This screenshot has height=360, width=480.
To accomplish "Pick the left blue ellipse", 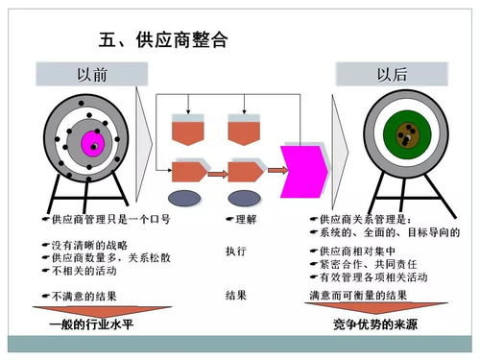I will (x=184, y=198).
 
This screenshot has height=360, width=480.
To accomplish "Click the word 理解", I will (x=241, y=219).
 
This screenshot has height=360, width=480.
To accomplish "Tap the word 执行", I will (x=236, y=251).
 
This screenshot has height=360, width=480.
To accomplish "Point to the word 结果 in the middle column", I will (x=236, y=295).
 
